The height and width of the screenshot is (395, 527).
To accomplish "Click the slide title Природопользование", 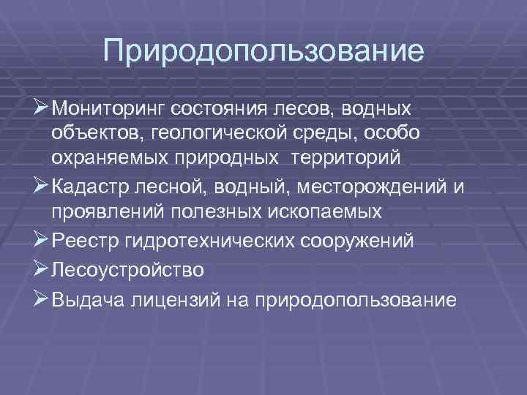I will [263, 51].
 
